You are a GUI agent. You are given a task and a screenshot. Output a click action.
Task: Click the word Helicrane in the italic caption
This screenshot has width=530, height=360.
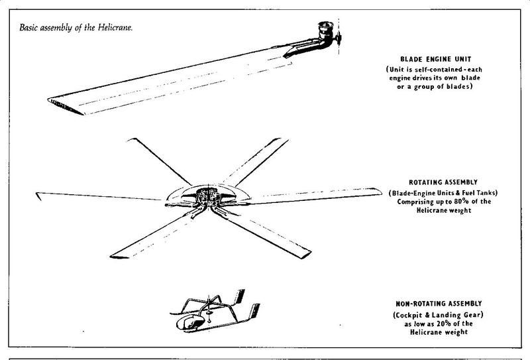pos(115,27)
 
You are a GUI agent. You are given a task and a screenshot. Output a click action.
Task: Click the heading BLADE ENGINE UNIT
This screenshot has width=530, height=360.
pos(436,59)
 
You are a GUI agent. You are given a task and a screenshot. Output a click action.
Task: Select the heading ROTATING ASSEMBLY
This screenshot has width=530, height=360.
pos(443,182)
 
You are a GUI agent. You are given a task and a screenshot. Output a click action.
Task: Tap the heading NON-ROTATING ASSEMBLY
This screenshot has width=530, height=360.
pos(439,304)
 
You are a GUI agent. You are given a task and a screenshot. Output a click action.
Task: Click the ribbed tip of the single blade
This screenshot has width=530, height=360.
pos(65,106)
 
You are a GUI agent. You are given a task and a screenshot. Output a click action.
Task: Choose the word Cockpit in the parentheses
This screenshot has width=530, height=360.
pos(409,316)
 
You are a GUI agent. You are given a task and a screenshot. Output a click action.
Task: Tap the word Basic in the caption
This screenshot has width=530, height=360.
pos(28,27)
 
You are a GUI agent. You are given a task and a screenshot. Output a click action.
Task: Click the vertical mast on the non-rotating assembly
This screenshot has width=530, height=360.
pos(209,308)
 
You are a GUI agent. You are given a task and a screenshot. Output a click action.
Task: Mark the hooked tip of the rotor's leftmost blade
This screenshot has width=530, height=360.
pos(38,196)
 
